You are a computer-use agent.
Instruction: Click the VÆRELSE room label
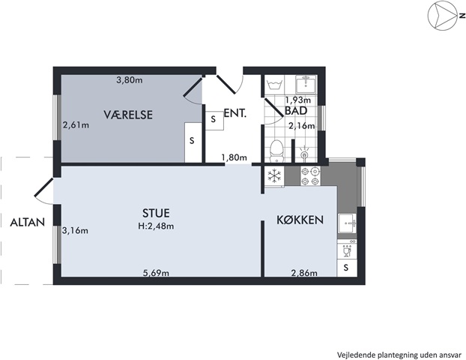tap(128, 115)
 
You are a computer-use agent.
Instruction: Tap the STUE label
tap(156, 213)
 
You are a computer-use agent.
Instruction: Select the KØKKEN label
tap(300, 220)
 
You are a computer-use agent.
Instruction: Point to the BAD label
tap(296, 111)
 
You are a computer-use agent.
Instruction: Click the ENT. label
tap(235, 113)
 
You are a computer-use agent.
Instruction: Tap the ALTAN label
tap(27, 222)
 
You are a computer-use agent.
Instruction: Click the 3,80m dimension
tap(130, 79)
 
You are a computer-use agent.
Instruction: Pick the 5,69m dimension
tap(156, 272)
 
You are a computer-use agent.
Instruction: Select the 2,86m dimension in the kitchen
tap(304, 272)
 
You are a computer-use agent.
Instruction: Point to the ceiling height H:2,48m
tap(156, 226)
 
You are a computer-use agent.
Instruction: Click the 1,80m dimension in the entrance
tap(234, 157)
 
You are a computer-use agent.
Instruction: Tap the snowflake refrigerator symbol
tap(274, 175)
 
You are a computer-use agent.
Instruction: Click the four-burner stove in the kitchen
tap(311, 175)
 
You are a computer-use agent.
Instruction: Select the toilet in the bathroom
tap(277, 151)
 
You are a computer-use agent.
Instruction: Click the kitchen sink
tap(347, 223)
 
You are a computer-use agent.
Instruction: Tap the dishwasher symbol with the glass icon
tap(347, 252)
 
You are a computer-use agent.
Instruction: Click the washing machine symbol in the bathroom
tap(275, 85)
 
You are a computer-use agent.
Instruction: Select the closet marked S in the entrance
tap(214, 120)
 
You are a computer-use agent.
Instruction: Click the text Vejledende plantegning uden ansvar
tap(399, 355)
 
